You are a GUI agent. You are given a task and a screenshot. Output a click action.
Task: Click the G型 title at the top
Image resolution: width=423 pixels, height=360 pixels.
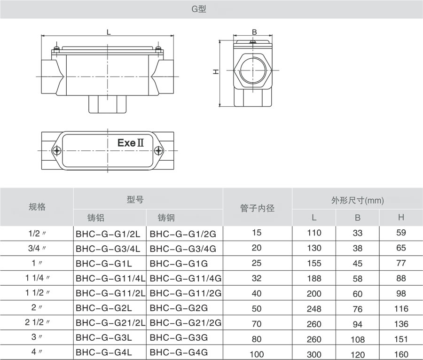point(199,9)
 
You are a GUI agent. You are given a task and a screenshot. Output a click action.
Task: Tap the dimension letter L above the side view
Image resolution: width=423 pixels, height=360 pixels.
point(109,32)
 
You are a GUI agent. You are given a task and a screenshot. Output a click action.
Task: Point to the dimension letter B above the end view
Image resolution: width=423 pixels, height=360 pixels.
point(254,32)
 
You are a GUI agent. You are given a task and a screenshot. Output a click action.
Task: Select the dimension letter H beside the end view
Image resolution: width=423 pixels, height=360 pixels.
point(216,71)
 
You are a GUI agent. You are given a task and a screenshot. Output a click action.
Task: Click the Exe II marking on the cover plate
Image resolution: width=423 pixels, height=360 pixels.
point(131,143)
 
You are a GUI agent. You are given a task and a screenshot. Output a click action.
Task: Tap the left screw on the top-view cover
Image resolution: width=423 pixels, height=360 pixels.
point(57,150)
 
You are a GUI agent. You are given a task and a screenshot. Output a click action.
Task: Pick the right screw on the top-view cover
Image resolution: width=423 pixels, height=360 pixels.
point(158,150)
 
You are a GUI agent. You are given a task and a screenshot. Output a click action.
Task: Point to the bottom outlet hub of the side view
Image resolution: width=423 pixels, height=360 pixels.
point(108,104)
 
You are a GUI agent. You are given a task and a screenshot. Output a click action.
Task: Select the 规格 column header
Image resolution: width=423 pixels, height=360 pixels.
point(37,207)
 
